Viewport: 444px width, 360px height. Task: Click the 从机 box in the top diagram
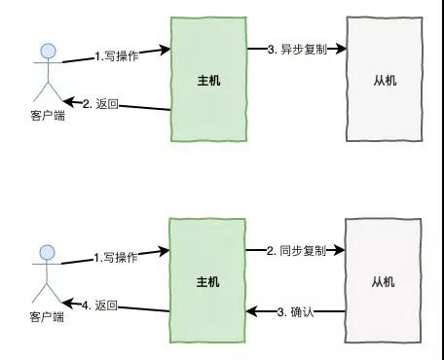coord(383,80)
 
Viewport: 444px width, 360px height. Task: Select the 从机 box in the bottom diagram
coord(383,281)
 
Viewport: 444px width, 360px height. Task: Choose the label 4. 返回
coord(99,305)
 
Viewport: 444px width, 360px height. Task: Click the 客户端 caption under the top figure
coord(46,117)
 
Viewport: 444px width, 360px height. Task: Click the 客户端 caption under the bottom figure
coord(46,318)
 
